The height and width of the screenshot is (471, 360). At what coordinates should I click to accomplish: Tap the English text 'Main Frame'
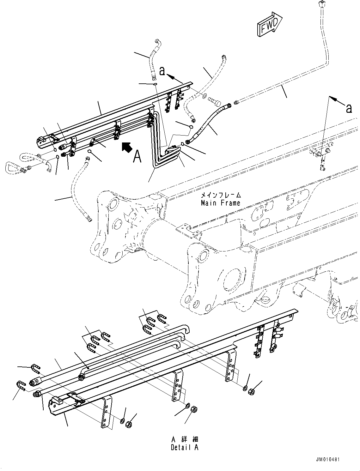pos(220,203)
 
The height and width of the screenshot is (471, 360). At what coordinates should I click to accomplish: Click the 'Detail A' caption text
pos(185,447)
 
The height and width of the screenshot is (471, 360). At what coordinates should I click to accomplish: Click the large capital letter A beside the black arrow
pos(137,156)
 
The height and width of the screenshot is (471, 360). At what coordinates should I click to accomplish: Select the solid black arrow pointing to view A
pos(126,147)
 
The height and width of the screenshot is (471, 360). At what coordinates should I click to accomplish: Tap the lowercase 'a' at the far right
pos(349,108)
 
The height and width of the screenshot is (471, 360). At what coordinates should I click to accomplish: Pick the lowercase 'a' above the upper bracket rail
pos(162,71)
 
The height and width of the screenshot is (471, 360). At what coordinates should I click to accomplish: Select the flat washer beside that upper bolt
pos(204,95)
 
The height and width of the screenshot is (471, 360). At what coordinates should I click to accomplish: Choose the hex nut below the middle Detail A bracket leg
pos(194,410)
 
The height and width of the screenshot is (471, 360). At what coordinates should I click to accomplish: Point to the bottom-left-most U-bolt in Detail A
pos(20,385)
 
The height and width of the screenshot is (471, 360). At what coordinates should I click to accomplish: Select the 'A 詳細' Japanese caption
pos(185,439)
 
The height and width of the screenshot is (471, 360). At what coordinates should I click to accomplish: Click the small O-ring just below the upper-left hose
pos(155,84)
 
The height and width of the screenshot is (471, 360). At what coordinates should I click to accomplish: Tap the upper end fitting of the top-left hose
pos(157,42)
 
